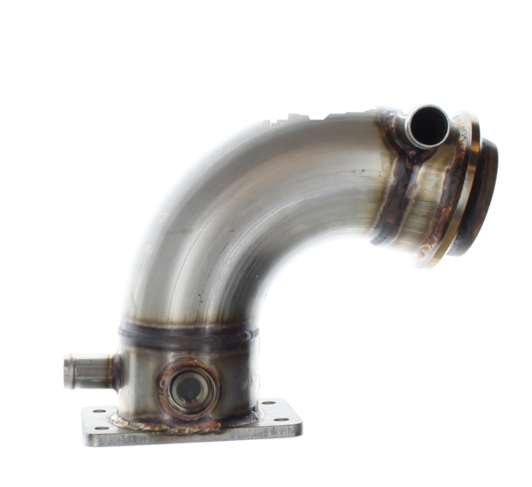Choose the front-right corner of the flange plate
click(x=299, y=431)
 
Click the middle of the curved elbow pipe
click(x=231, y=213)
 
